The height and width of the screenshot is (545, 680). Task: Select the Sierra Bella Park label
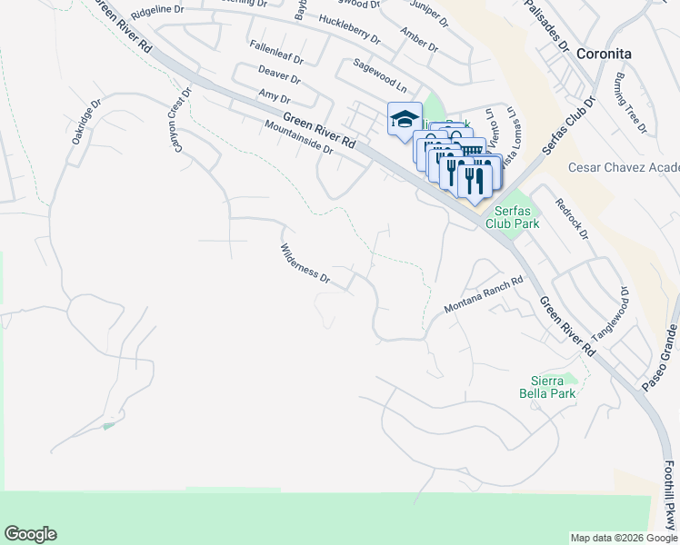click(554, 388)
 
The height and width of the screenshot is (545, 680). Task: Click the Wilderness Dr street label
click(305, 263)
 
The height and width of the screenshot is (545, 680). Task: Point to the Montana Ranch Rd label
click(484, 296)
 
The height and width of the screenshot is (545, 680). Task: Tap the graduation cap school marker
click(405, 119)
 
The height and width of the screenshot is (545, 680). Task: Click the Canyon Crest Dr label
click(179, 121)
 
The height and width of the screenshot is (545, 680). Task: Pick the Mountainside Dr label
click(300, 138)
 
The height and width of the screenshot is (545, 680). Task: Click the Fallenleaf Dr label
click(277, 50)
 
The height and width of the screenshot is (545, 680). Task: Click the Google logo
click(30, 534)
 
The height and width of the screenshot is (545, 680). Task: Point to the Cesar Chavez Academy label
click(624, 168)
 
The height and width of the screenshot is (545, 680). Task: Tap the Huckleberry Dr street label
click(349, 28)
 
